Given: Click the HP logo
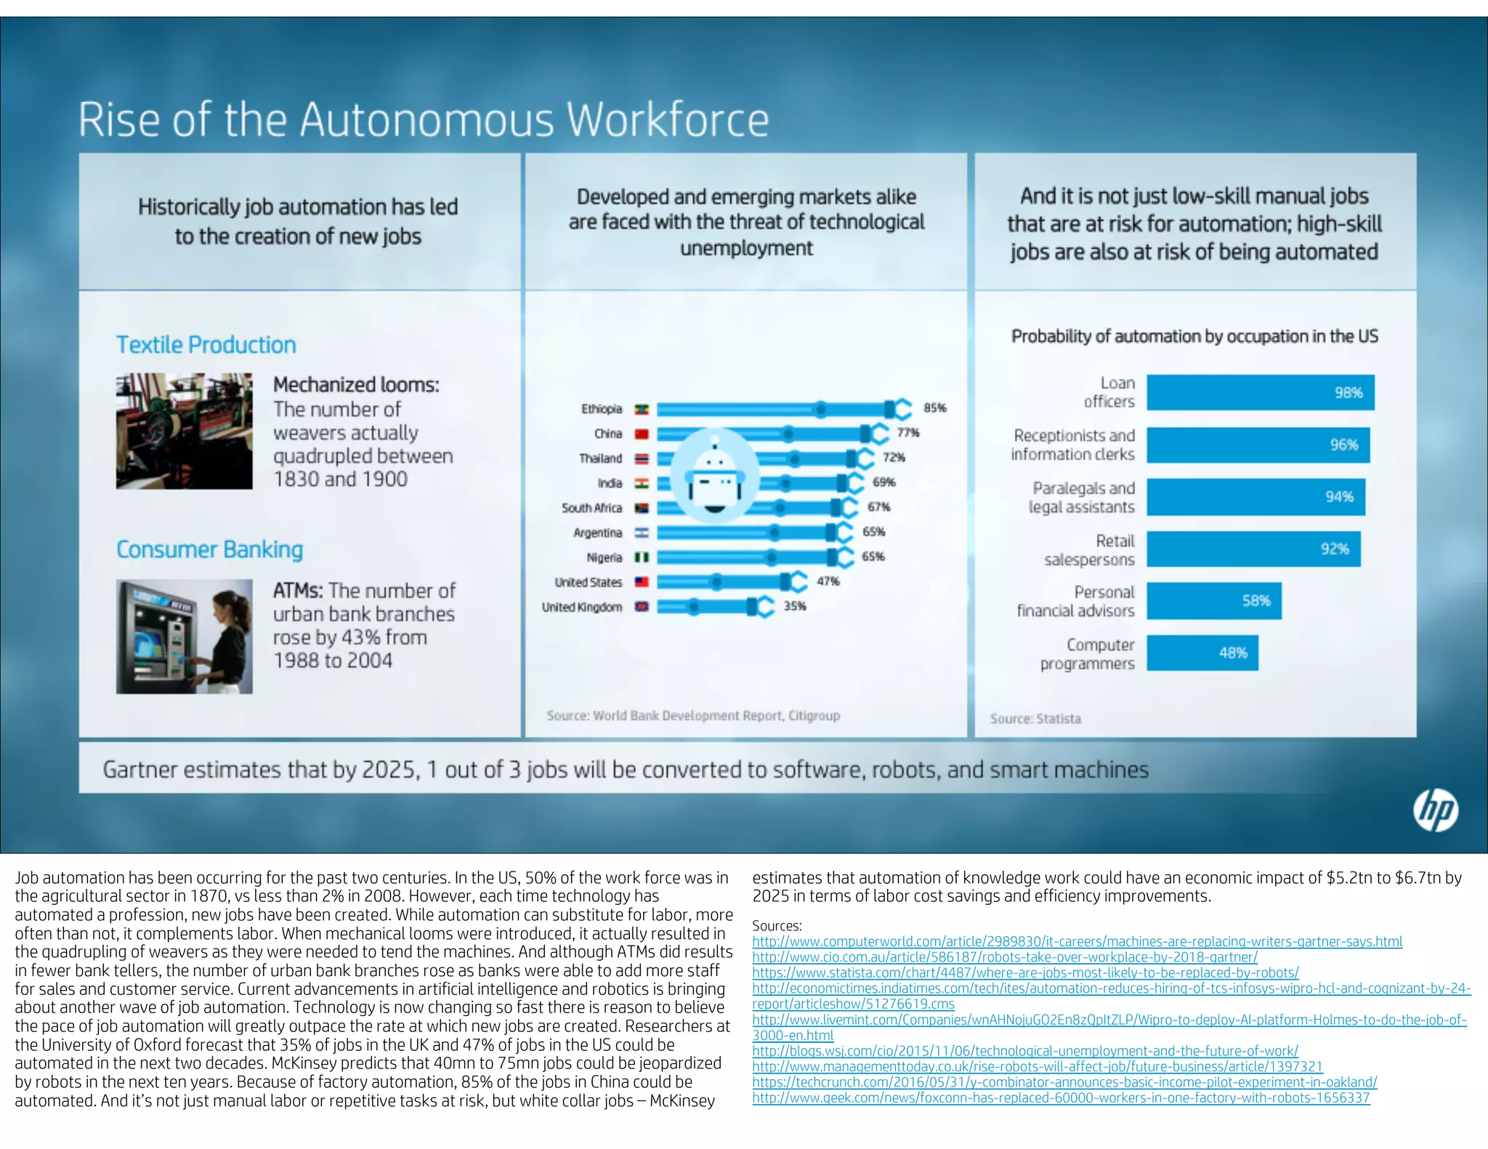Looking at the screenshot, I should tap(1436, 811).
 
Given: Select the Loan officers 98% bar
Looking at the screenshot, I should tap(1260, 392).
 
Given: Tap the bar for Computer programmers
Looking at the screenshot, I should tap(1202, 653).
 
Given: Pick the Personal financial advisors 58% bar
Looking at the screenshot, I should tap(1213, 601).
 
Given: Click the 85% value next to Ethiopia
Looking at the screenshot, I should tap(934, 408).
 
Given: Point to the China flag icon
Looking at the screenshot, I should tap(642, 434).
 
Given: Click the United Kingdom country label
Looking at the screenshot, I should tap(581, 607).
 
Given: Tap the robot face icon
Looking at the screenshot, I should tap(715, 476).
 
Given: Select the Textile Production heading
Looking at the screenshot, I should tap(206, 345).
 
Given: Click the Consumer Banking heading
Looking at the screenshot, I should tap(209, 550).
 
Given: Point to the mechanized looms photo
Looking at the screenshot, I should tap(185, 431).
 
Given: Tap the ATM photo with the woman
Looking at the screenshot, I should tap(185, 636).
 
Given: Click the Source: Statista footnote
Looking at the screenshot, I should tap(1035, 719).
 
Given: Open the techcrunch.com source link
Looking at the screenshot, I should tap(1064, 1082).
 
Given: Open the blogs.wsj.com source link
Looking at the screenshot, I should tap(1024, 1051).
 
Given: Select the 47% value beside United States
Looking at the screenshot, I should tap(828, 582).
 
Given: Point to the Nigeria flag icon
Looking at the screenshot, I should tap(642, 558).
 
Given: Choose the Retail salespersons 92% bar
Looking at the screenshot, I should tap(1253, 549).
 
